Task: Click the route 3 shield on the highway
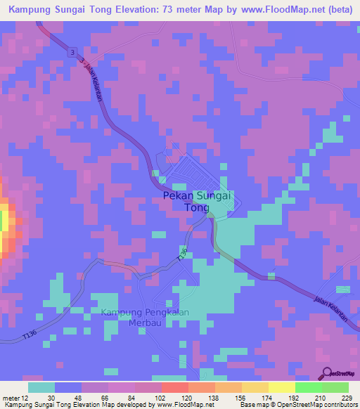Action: pyautogui.click(x=72, y=53)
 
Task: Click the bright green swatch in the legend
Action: pyautogui.click(x=308, y=387)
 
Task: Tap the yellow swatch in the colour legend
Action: pyautogui.click(x=281, y=387)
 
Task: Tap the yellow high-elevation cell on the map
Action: pyautogui.click(x=3, y=223)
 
